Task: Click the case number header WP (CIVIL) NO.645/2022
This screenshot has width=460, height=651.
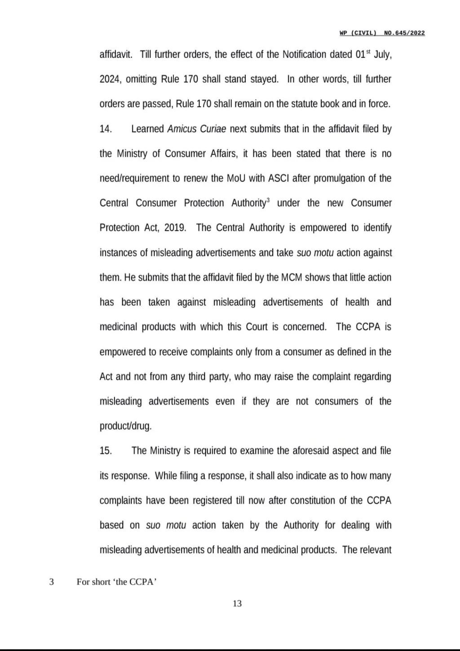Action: click(x=382, y=33)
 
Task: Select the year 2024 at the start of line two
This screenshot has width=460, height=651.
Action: click(x=109, y=79)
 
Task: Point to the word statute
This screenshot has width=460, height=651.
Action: click(x=303, y=104)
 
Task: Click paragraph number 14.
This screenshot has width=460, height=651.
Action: click(x=106, y=129)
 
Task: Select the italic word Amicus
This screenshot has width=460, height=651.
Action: click(x=182, y=129)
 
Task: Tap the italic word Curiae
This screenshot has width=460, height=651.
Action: click(x=213, y=129)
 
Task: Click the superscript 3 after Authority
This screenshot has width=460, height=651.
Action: click(x=268, y=200)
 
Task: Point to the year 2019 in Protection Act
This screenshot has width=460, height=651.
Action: click(x=175, y=228)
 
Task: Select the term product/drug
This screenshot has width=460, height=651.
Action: click(x=126, y=427)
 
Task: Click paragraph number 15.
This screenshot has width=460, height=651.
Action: click(x=106, y=451)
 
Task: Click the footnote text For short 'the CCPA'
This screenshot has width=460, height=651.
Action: click(x=116, y=582)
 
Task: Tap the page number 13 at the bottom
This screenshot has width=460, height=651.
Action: click(x=237, y=604)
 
